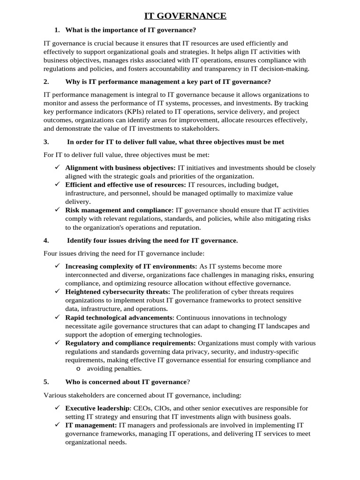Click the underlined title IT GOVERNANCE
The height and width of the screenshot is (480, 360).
pyautogui.click(x=185, y=16)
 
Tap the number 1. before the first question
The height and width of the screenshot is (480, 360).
pyautogui.click(x=57, y=30)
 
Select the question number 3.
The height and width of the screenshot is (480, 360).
pyautogui.click(x=46, y=142)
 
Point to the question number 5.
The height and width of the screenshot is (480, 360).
pyautogui.click(x=46, y=382)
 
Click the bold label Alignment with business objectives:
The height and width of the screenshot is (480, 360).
pyautogui.click(x=120, y=168)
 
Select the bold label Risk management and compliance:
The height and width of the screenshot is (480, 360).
pyautogui.click(x=120, y=210)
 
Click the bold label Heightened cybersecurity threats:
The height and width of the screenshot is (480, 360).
pyautogui.click(x=118, y=292)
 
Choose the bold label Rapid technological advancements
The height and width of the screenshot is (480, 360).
pyautogui.click(x=119, y=317)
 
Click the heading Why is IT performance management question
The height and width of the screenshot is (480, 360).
pyautogui.click(x=168, y=82)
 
